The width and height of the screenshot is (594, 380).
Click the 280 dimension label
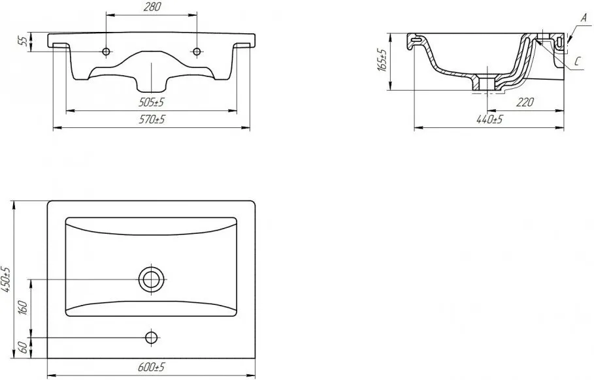tap(152, 7)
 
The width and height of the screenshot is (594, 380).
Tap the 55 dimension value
tap(23, 42)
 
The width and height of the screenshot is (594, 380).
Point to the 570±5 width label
tap(152, 119)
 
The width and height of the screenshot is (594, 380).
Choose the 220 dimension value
tap(525, 103)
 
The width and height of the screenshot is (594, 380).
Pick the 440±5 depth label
tap(489, 119)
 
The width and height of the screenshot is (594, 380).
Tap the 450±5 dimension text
tap(6, 279)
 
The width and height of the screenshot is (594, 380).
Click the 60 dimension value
tap(23, 347)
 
